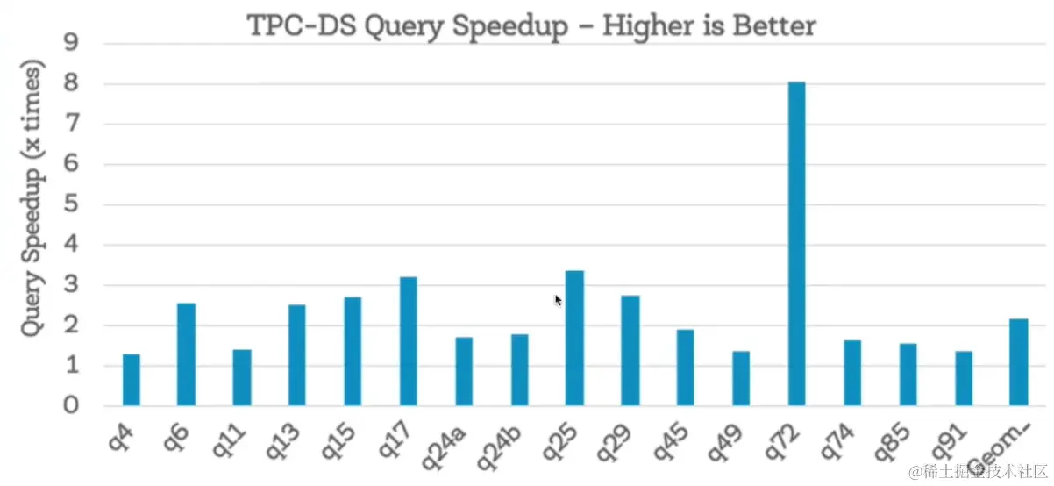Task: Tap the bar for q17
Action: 408,341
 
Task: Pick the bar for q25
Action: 574,339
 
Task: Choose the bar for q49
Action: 741,378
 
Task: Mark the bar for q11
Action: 242,377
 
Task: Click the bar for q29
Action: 630,351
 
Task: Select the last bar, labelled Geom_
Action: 1018,362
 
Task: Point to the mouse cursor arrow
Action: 558,299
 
